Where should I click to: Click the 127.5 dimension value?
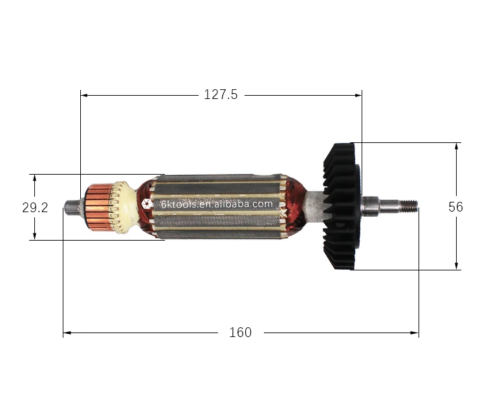221,94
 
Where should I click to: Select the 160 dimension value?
240,332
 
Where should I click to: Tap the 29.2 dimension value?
34,208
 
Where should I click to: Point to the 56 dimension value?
455,207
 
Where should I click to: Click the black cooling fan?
340,207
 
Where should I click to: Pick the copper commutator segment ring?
98,208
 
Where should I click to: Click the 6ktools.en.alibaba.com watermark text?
217,204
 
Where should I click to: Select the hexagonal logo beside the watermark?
147,204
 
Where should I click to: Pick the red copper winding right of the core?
294,207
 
